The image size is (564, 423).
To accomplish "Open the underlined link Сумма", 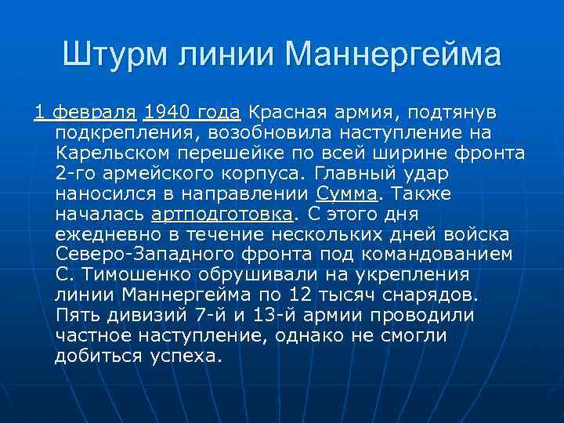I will [x=347, y=193].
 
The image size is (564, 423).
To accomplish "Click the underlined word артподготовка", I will [x=222, y=213].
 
